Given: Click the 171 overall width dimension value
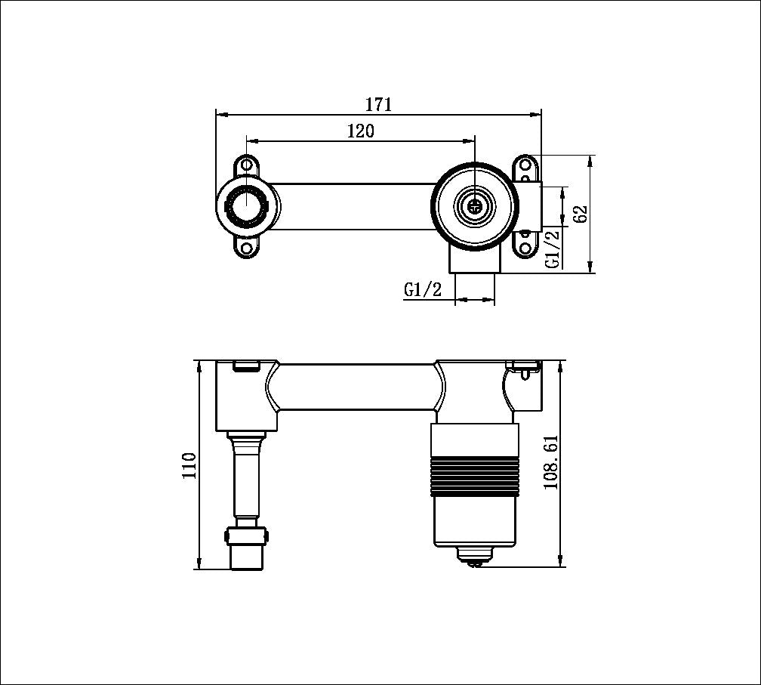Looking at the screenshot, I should tap(378, 104).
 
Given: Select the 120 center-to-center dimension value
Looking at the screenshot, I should tap(360, 131).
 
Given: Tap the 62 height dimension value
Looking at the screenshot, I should tap(580, 214).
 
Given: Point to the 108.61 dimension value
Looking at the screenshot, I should tap(551, 462).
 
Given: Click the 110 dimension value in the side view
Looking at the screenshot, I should tap(189, 465).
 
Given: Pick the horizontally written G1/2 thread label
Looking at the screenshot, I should tap(423, 289).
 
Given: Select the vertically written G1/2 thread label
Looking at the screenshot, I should tap(553, 248).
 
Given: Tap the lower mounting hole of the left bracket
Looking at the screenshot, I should tap(247, 247).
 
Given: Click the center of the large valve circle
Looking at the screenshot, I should tap(474, 204).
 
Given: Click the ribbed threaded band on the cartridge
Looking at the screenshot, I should tap(476, 474).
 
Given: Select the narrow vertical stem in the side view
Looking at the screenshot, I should tap(247, 476).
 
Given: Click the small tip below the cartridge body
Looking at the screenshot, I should tap(476, 558).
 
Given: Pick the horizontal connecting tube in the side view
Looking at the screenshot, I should tap(355, 387).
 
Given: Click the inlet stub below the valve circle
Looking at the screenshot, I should tap(474, 261).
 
